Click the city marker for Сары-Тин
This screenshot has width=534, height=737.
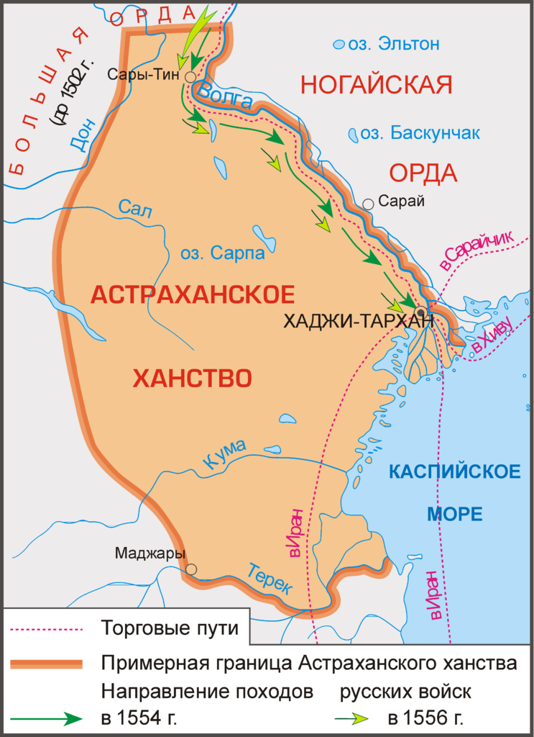click(190, 76)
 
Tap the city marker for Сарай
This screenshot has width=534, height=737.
click(368, 204)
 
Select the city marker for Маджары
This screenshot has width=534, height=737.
click(191, 569)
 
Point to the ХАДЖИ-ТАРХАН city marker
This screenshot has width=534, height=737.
click(420, 311)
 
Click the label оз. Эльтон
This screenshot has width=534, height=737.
click(392, 45)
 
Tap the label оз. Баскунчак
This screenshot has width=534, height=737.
click(419, 133)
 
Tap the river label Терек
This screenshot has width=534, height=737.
click(270, 577)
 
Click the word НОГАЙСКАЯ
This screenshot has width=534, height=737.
click(376, 85)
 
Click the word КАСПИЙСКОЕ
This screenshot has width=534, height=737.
click(454, 472)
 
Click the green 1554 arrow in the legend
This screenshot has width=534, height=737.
click(47, 718)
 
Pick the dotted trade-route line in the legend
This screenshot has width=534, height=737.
click(47, 628)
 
